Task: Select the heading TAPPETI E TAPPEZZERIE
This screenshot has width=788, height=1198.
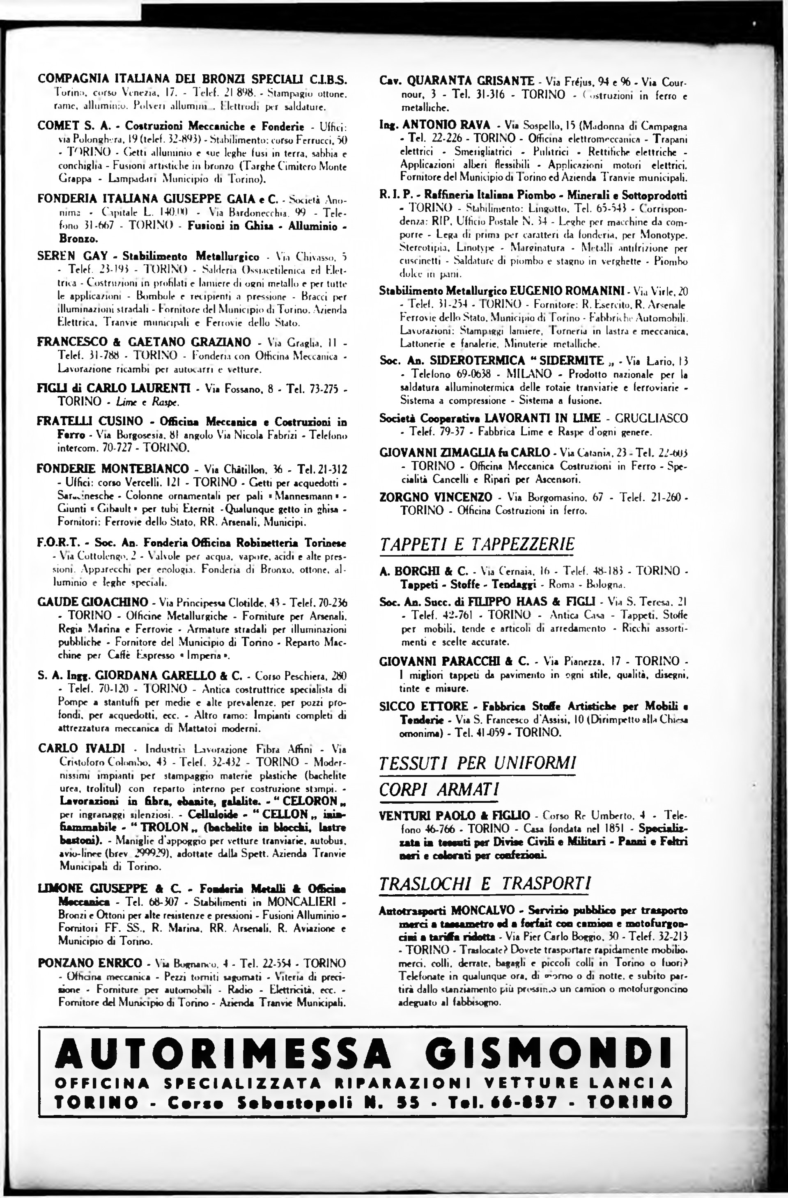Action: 476,544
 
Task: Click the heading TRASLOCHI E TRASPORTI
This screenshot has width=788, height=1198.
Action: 485,883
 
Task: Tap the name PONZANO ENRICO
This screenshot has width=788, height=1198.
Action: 90,963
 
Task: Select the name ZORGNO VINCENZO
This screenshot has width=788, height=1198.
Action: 436,497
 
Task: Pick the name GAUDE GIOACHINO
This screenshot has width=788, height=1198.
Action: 93,602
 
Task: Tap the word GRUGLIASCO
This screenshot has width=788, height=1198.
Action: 652,418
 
